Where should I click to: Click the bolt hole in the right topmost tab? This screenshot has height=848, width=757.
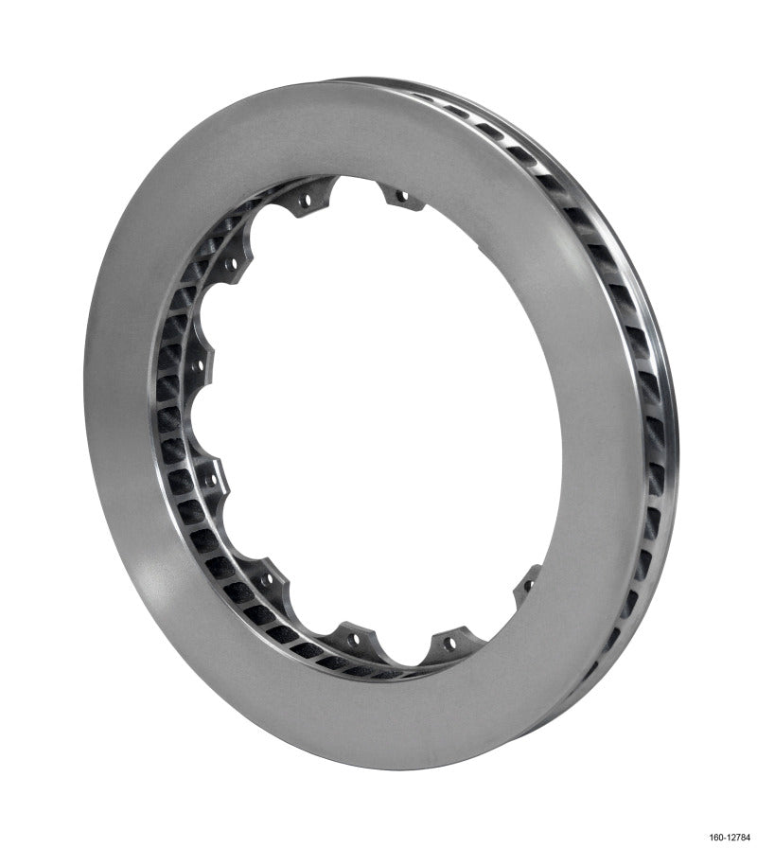[401, 196]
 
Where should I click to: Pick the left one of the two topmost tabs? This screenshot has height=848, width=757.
[305, 200]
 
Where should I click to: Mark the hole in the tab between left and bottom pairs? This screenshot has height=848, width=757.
[267, 575]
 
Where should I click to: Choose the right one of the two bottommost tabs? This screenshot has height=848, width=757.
[448, 645]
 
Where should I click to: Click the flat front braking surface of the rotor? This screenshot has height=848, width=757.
[132, 473]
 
